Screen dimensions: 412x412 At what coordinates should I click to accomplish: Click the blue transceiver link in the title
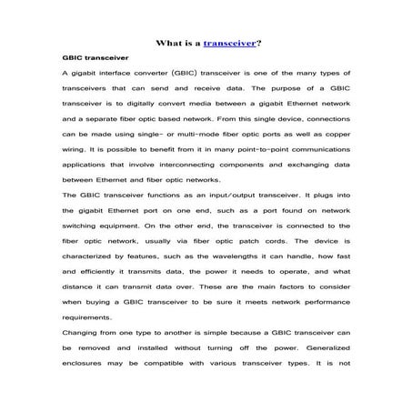[231, 42]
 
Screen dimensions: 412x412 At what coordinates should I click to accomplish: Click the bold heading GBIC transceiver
[94, 56]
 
